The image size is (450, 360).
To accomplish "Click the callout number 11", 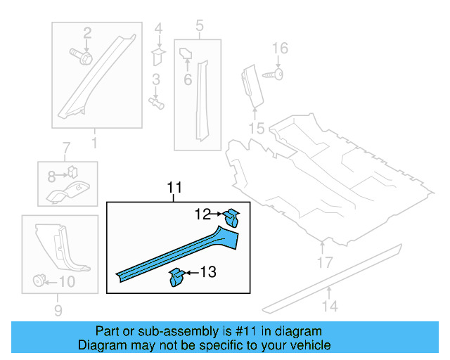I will [x=174, y=188].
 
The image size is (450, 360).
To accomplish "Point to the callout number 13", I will [x=209, y=272].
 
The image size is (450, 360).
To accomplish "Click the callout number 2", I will [x=87, y=32].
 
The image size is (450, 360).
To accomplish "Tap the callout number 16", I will [x=280, y=48].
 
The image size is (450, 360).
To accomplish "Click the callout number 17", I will [x=323, y=264].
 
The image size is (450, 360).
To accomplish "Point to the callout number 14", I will [x=330, y=306].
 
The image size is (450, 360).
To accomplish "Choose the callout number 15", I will [x=256, y=128].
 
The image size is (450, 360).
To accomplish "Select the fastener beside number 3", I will [x=156, y=103].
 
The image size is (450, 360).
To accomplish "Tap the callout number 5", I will [x=199, y=27].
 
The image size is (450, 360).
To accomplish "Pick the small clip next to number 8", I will [x=72, y=171].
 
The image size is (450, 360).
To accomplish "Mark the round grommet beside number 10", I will [x=39, y=282].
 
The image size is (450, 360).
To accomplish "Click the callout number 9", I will [x=58, y=310].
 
